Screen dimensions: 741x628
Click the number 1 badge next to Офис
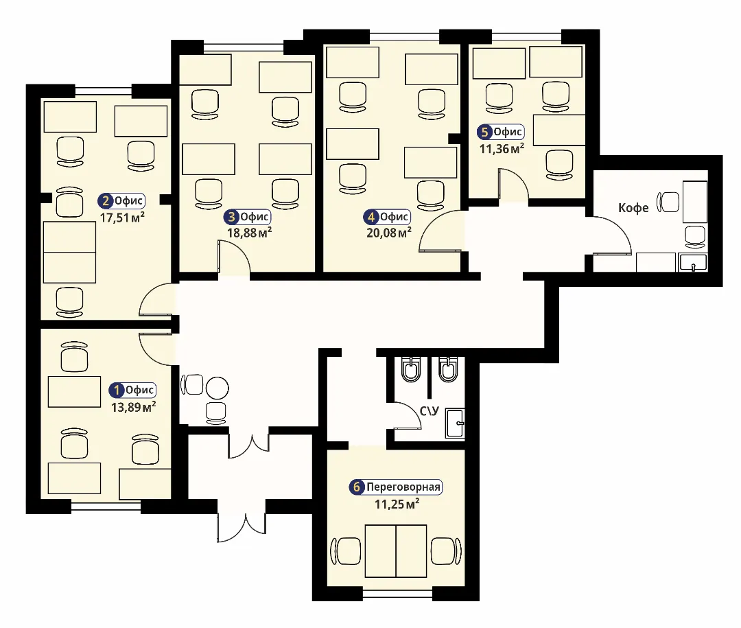pyautogui.click(x=116, y=391)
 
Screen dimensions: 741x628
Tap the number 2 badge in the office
pyautogui.click(x=105, y=201)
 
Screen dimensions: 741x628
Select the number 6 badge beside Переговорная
pyautogui.click(x=357, y=487)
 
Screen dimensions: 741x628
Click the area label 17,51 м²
pyautogui.click(x=122, y=218)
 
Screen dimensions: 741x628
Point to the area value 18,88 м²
pyautogui.click(x=249, y=233)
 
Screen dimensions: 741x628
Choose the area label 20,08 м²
pyautogui.click(x=389, y=232)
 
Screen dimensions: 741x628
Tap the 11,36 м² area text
pyautogui.click(x=502, y=148)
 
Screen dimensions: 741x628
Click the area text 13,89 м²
pyautogui.click(x=133, y=407)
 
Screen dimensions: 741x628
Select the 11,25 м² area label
pyautogui.click(x=397, y=504)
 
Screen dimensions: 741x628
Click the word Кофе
pyautogui.click(x=633, y=207)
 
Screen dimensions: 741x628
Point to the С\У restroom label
pyautogui.click(x=429, y=411)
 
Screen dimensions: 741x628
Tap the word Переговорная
pyautogui.click(x=403, y=487)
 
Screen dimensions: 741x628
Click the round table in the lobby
pyautogui.click(x=217, y=388)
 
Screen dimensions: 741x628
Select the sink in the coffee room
pyautogui.click(x=693, y=262)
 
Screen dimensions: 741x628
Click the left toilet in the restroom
pyautogui.click(x=411, y=369)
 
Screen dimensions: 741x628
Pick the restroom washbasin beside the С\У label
pyautogui.click(x=455, y=423)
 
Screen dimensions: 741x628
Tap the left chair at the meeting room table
pyautogui.click(x=345, y=551)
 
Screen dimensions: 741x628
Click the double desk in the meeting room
pyautogui.click(x=396, y=551)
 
